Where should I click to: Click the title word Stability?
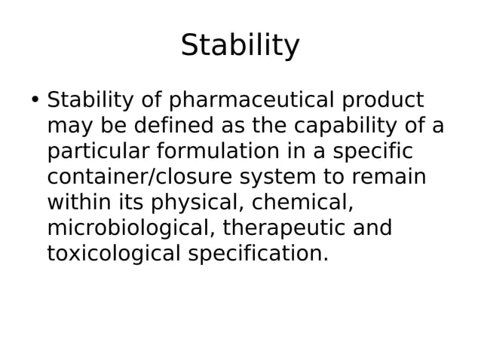point(240,46)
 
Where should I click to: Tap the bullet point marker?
point(35,100)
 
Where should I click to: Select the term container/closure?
point(139,177)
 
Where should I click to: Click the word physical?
point(198,203)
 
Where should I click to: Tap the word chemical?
point(302,203)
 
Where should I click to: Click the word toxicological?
point(114,254)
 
